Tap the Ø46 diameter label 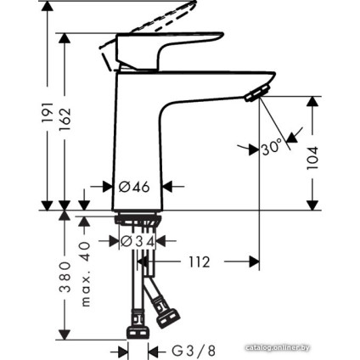pos(136,184)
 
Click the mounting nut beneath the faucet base pos(136,222)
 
